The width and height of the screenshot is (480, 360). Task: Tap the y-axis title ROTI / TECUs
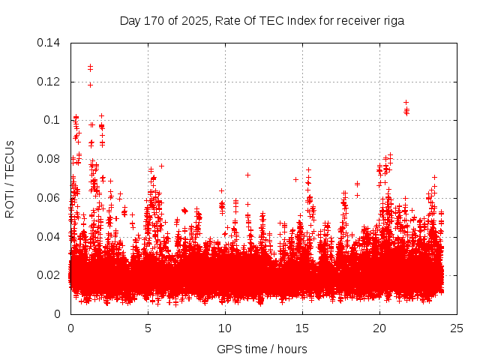[x=10, y=178]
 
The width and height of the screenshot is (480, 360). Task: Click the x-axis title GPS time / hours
[x=262, y=349]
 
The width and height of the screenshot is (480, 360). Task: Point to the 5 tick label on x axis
[x=148, y=328]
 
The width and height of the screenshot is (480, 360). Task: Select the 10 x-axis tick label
[x=225, y=328]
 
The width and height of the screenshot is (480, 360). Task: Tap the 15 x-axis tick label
[x=302, y=328]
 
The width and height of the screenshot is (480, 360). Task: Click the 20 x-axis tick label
[x=379, y=328]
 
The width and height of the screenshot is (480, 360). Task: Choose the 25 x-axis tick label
[x=457, y=328]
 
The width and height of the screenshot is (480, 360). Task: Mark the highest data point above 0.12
[x=90, y=67]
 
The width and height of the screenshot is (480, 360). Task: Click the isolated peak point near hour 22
[x=406, y=102]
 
